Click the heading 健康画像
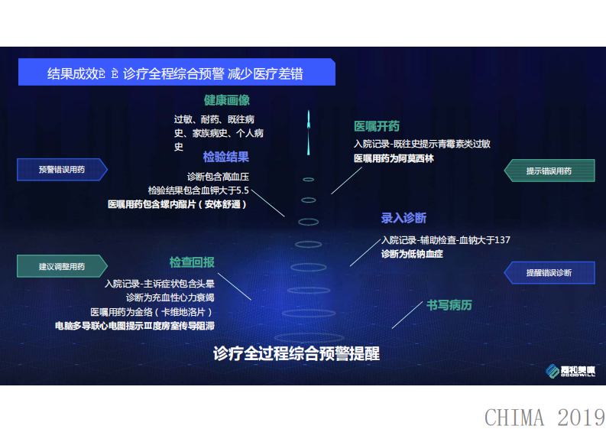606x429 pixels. [226, 100]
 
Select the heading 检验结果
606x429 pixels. [226, 158]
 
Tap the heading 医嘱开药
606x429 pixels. [376, 126]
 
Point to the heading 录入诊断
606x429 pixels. [403, 219]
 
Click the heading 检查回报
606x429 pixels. [192, 262]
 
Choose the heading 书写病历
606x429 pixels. [449, 306]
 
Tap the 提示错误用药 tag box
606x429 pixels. [549, 171]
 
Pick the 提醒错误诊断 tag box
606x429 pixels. [549, 272]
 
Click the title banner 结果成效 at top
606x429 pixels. [176, 74]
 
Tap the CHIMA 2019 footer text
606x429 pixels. [544, 418]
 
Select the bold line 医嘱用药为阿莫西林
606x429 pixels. [393, 159]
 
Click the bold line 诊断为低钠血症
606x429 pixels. [412, 253]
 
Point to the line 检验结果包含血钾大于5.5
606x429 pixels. [199, 190]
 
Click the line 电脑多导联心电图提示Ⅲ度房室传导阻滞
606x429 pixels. [134, 326]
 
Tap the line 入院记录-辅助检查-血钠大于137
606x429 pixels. [446, 240]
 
